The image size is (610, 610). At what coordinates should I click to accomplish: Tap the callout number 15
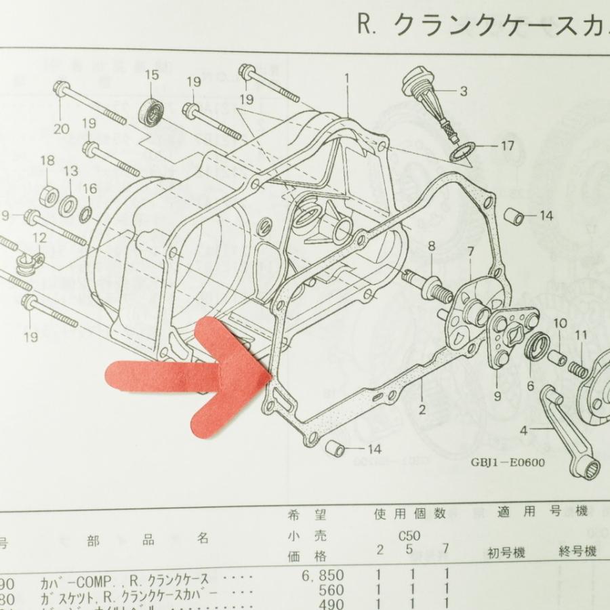pos(150,74)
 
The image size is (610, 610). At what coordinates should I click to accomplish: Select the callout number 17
pos(508,145)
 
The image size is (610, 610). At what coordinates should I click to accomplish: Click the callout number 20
pos(61,128)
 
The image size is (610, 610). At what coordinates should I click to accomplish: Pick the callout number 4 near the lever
pos(524,430)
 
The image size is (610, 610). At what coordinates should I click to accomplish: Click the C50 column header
pos(409,535)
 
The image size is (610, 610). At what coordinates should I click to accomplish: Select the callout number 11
pos(581,334)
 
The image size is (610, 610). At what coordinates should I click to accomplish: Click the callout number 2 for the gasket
pos(422,409)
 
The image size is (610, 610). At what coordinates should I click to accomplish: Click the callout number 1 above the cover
pos(347,78)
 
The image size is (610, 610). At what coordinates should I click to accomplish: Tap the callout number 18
pos(47,161)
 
